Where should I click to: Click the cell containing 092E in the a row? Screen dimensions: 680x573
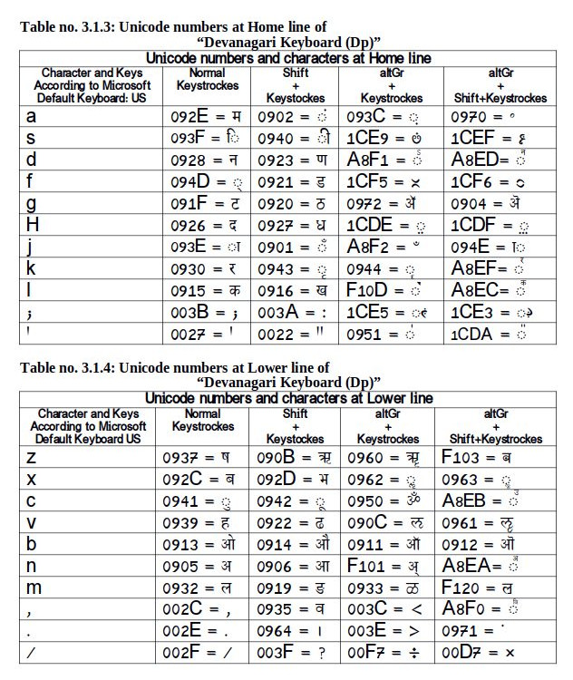[209, 116]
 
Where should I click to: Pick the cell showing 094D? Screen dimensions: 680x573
[209, 181]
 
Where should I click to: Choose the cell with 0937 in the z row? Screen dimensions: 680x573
[208, 458]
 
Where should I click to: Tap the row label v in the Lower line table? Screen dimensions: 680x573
[32, 523]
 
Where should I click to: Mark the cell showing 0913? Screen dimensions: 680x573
[208, 545]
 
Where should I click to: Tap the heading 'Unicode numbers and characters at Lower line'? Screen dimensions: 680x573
[289, 398]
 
